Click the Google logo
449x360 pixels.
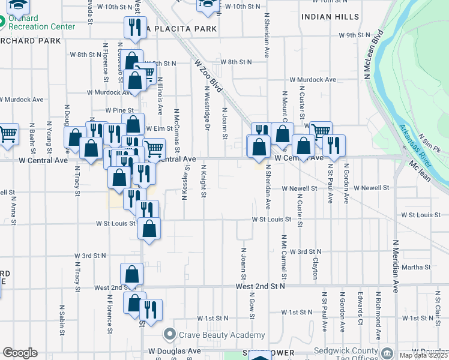(x=20, y=353)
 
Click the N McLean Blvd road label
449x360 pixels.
(x=371, y=54)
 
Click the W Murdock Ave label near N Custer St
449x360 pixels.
(x=313, y=79)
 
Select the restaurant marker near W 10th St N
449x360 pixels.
(x=134, y=28)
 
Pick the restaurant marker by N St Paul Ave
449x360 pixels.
(x=334, y=146)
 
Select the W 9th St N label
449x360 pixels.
(x=355, y=35)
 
